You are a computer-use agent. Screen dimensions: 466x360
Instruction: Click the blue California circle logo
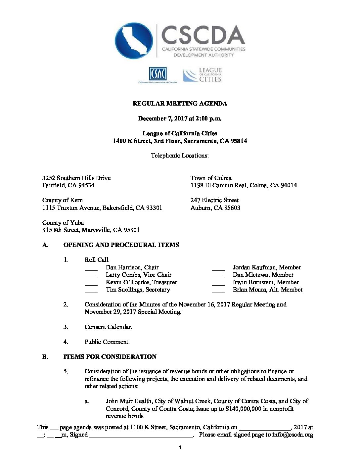pos(134,41)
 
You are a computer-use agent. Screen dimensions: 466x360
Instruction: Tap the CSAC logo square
pos(158,74)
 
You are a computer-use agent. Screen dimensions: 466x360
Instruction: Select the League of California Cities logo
pos(202,75)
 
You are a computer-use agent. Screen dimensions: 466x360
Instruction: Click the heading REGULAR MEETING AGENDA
pos(180,104)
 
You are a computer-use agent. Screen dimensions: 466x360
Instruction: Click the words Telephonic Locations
pos(180,156)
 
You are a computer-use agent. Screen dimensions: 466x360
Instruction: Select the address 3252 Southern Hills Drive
pos(76,178)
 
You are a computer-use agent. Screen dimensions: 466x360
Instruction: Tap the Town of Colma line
pos(211,178)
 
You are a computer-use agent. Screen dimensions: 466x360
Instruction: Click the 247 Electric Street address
pos(214,200)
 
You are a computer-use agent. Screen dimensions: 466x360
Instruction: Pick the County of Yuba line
pos(63,223)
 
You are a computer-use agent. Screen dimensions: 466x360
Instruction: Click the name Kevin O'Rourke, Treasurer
pos(141,282)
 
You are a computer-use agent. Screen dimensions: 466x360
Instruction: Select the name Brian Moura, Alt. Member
pos(268,290)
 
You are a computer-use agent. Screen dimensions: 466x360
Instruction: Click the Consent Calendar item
pos(108,327)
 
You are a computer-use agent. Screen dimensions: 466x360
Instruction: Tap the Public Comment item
pos(107,342)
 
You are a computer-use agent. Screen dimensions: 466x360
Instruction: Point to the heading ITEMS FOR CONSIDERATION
pos(110,357)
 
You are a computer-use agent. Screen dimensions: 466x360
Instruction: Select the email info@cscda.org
pos(292,435)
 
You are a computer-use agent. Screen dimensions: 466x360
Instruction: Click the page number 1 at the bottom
pos(180,448)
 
